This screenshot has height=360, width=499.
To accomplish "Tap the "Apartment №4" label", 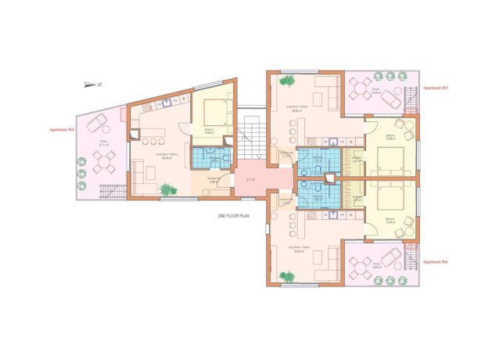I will coord(60,128).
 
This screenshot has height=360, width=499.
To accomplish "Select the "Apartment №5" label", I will coord(436,89).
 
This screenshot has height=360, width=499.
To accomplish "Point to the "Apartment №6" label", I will coord(436,262).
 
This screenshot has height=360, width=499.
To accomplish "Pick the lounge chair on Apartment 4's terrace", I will coord(96,123).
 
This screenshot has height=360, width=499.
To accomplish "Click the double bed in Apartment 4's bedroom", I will coord(210,112).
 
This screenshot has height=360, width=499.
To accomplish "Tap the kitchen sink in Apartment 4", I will coord(167,103).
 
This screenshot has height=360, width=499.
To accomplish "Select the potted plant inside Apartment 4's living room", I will coord(167,189).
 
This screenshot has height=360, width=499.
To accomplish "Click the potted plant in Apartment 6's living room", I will coord(289,276).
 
